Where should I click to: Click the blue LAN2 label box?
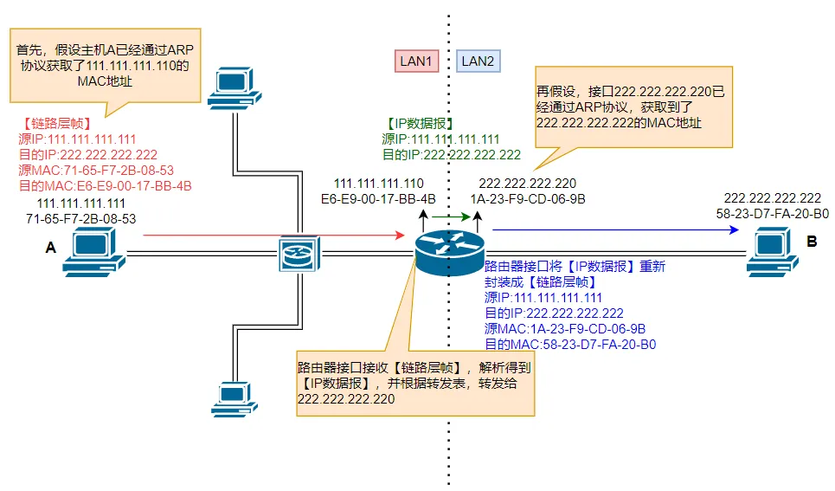[x=478, y=61]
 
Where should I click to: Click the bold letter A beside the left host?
[x=50, y=249]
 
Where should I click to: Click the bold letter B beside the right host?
[x=812, y=242]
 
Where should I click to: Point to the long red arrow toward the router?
[x=273, y=235]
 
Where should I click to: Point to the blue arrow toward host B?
[x=615, y=230]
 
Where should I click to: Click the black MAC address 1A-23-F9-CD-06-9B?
[x=527, y=198]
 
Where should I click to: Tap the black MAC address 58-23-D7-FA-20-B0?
[x=773, y=213]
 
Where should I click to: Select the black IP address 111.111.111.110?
[x=379, y=184]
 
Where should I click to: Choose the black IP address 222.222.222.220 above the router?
[x=527, y=184]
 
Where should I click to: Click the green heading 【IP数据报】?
[x=419, y=125]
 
